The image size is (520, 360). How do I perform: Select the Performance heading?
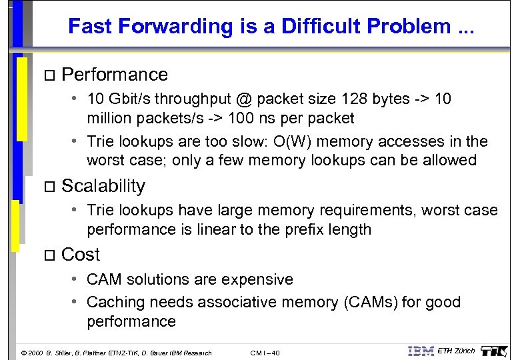click(x=114, y=74)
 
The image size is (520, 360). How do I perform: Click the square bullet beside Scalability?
click(x=46, y=187)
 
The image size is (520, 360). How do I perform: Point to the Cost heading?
click(x=80, y=254)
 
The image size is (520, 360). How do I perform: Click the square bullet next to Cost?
click(x=46, y=255)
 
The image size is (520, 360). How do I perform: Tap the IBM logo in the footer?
click(x=420, y=351)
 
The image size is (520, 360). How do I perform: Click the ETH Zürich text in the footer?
click(x=456, y=351)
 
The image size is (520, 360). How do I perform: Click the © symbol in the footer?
click(x=24, y=353)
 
